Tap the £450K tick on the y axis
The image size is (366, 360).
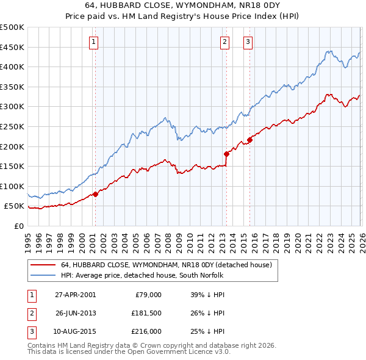pos(12,47)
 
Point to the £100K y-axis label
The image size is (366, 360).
pos(12,186)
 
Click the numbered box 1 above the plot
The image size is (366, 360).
pos(94,42)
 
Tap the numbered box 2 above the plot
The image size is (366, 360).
pos(224,42)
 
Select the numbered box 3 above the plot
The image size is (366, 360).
pos(248,42)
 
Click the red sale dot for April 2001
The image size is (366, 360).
pos(95,195)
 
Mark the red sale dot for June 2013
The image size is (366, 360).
pos(226,154)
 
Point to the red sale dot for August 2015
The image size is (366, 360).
pos(249,140)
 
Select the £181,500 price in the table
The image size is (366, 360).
pos(145,314)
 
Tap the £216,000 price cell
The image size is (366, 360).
pos(145,332)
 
